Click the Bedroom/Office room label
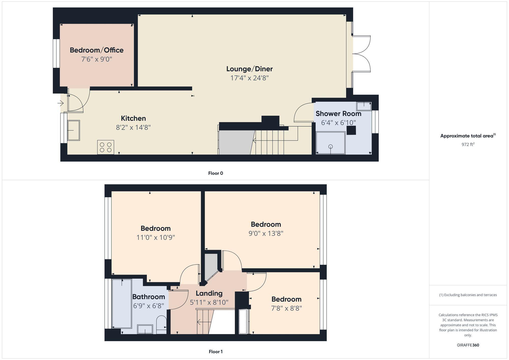pyautogui.click(x=96, y=50)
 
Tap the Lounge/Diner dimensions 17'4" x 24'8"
pyautogui.click(x=249, y=78)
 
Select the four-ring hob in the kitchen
pyautogui.click(x=106, y=147)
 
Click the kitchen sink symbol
pyautogui.click(x=74, y=130)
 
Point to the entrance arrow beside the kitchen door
pyautogui.click(x=61, y=103)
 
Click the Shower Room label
pyautogui.click(x=338, y=113)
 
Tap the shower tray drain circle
pyautogui.click(x=330, y=147)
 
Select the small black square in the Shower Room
pyautogui.click(x=351, y=130)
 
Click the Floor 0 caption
pyautogui.click(x=216, y=173)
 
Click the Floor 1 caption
pyautogui.click(x=216, y=352)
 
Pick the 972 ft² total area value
pyautogui.click(x=468, y=145)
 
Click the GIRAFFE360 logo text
pyautogui.click(x=468, y=345)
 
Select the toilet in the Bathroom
pyautogui.click(x=161, y=324)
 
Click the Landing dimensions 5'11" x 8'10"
pyautogui.click(x=209, y=303)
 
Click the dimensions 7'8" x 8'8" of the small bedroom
pyautogui.click(x=286, y=308)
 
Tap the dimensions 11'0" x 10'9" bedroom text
pyautogui.click(x=155, y=238)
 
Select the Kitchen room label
pyautogui.click(x=133, y=118)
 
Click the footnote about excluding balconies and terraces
pyautogui.click(x=468, y=295)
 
